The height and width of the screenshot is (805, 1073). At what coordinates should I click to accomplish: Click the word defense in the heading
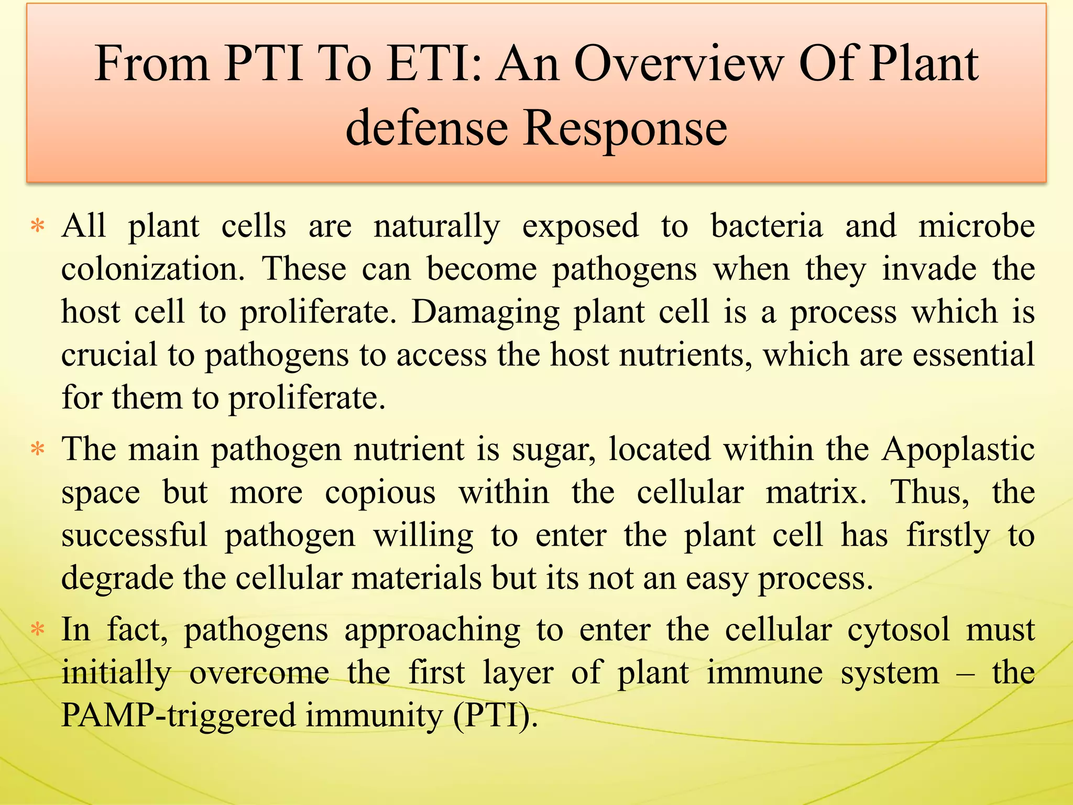[427, 128]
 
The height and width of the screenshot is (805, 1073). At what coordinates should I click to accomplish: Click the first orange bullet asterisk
[38, 227]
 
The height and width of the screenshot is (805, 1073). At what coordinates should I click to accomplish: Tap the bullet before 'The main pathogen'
[38, 450]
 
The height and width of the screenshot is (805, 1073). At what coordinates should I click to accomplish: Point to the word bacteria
[767, 226]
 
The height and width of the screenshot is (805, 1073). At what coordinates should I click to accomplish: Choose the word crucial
[109, 355]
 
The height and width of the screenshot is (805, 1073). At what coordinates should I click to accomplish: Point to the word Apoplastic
[958, 450]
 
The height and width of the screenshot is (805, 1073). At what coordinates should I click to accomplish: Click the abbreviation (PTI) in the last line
[496, 715]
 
